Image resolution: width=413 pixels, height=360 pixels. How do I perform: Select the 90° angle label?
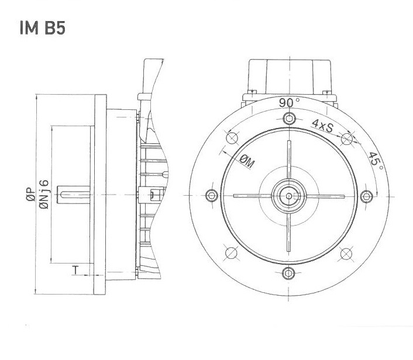tap(288, 102)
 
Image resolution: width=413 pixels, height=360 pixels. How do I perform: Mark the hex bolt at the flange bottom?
tap(288, 273)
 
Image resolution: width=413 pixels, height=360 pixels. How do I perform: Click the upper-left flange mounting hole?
tap(231, 139)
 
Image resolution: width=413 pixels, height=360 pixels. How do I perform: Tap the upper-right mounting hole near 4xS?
tap(346, 139)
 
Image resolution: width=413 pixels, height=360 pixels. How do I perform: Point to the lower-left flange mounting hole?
tap(231, 253)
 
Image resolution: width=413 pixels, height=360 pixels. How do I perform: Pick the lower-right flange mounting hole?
tap(346, 253)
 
